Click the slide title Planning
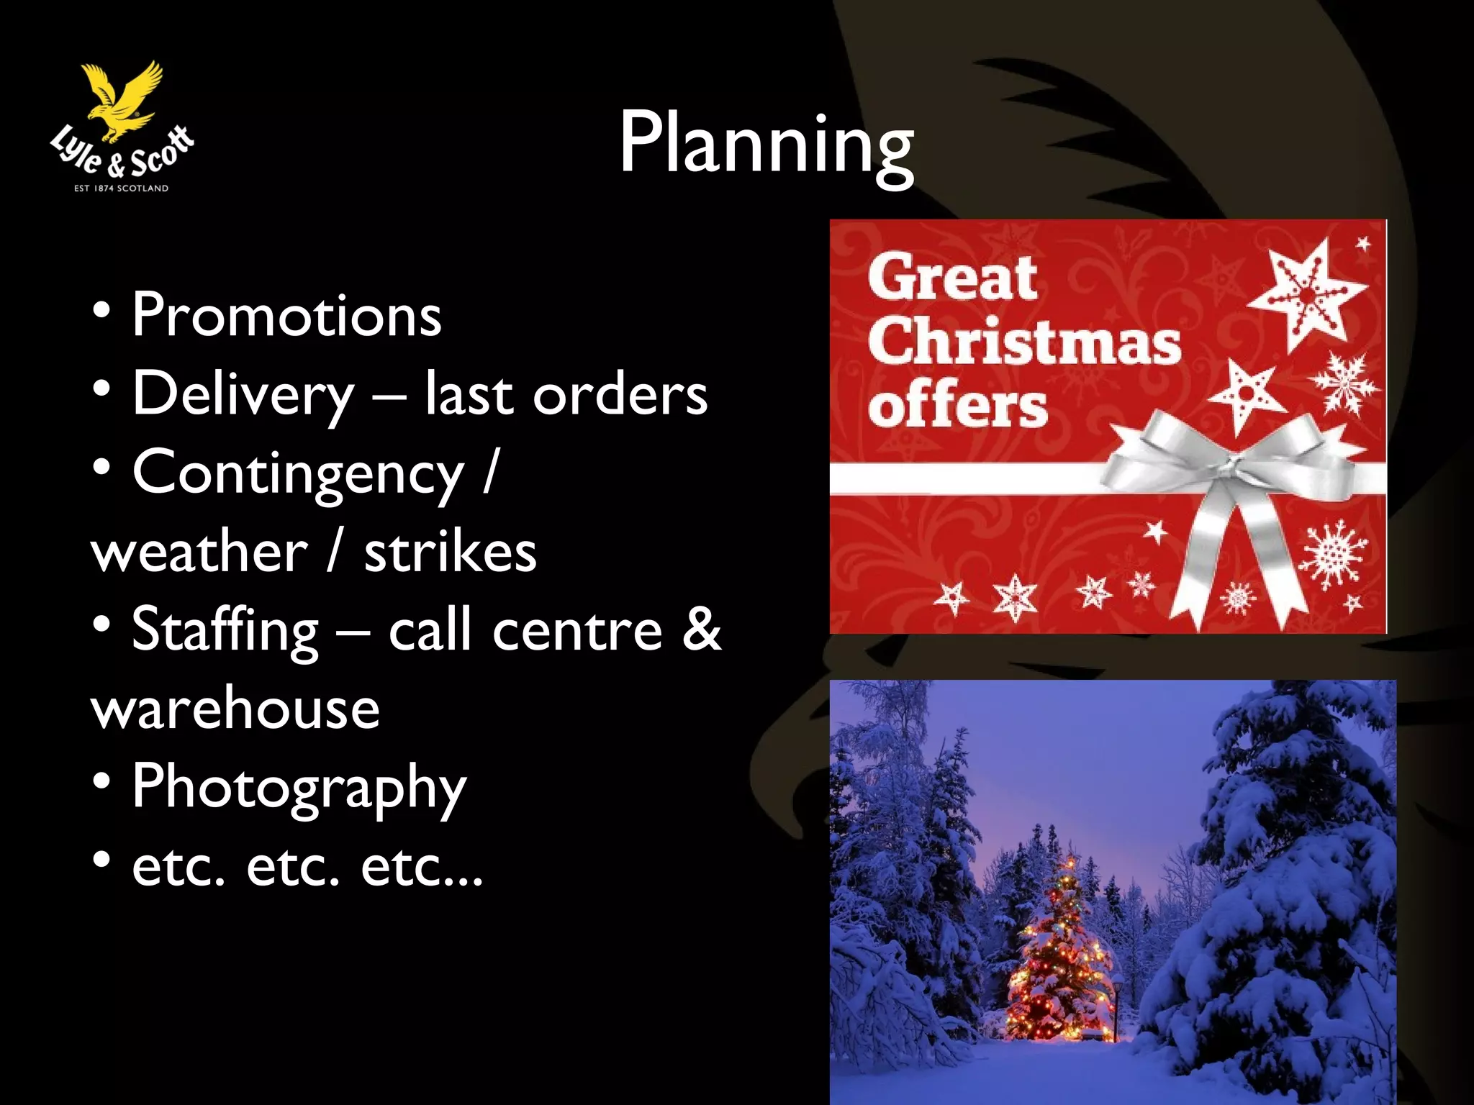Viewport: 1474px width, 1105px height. coord(766,144)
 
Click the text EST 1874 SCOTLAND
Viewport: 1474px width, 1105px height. coord(122,188)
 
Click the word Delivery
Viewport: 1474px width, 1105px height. coord(243,394)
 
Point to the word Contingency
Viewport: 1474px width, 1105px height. coord(298,473)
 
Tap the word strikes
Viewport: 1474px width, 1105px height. coord(450,552)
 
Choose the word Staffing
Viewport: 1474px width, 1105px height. coord(225,630)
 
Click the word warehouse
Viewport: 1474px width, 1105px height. coord(235,708)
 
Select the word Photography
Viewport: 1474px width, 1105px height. coord(299,788)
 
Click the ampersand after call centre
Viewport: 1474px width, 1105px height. coord(700,629)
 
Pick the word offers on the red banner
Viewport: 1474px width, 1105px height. coord(957,406)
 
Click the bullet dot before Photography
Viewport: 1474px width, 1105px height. coord(101,781)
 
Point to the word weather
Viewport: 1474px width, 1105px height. coord(199,552)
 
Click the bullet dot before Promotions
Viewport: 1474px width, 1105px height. coord(101,309)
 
